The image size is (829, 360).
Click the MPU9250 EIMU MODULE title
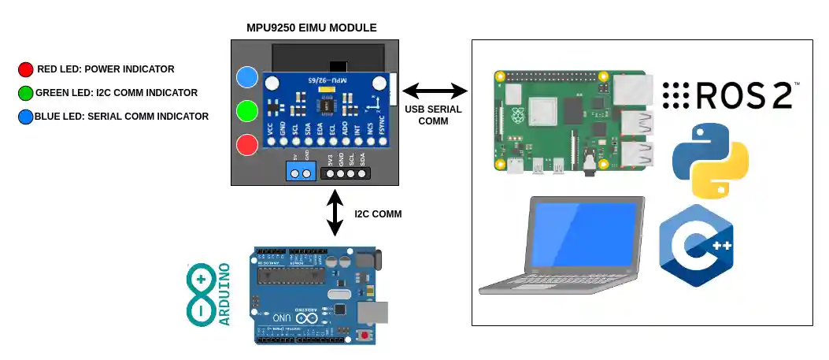point(312,28)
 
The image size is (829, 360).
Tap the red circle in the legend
point(26,69)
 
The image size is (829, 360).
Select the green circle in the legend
point(26,93)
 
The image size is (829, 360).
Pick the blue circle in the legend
point(26,117)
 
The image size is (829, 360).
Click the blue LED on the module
point(248,76)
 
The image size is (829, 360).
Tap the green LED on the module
point(248,110)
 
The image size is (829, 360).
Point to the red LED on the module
point(248,145)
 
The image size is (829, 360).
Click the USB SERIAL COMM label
point(433,115)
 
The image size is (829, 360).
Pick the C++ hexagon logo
point(697,246)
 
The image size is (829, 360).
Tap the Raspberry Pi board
point(572,121)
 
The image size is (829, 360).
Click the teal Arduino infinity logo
point(201,295)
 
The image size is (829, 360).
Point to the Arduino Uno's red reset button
point(365,336)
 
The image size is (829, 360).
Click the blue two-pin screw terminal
point(300,173)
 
